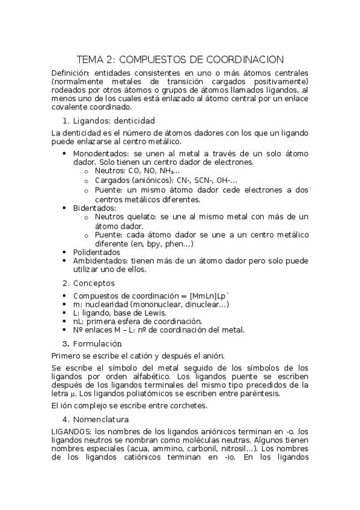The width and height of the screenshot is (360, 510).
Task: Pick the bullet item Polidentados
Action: tap(97, 253)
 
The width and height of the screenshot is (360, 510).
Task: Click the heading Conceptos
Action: tap(94, 283)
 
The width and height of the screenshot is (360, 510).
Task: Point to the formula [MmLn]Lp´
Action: tap(213, 296)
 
